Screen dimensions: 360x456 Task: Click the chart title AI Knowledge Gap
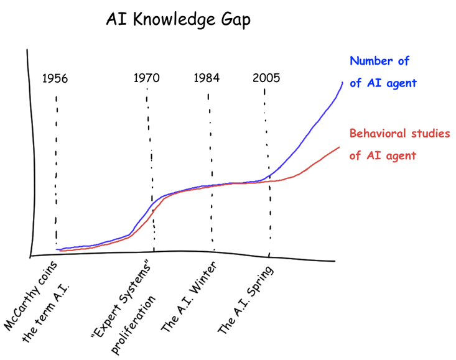point(178,21)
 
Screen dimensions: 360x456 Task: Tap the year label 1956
point(55,78)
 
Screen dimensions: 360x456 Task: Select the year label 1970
point(147,78)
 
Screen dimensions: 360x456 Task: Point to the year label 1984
point(207,78)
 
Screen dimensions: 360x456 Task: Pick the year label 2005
point(266,78)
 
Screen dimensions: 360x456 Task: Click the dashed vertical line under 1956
point(56,174)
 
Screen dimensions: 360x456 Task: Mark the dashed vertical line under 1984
point(210,174)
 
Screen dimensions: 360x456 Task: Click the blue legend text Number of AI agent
point(382,72)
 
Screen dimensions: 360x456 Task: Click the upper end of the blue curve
point(342,82)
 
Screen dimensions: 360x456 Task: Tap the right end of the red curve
point(339,147)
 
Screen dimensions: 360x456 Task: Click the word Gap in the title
point(234,21)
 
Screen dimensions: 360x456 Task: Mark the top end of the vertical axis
point(27,50)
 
